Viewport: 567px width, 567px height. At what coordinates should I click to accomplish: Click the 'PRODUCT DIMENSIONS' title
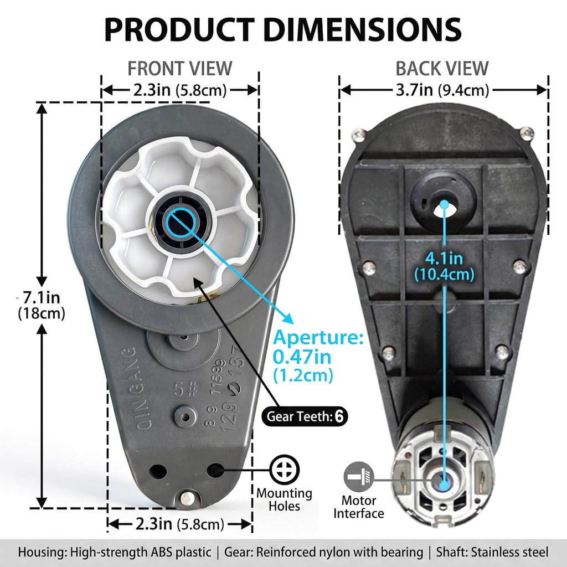click(283, 29)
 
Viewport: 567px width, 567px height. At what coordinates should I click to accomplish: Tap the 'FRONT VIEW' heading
click(180, 68)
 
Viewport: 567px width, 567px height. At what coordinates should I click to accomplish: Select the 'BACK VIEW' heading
click(442, 68)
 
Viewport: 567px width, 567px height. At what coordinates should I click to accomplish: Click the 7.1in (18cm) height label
click(42, 305)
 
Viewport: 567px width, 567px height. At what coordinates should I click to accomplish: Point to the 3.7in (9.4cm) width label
click(442, 90)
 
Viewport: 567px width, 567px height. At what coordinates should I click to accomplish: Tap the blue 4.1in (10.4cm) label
click(444, 266)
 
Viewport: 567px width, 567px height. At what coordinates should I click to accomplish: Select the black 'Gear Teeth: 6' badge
click(305, 416)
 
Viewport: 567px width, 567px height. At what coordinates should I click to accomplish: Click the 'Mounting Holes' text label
click(284, 499)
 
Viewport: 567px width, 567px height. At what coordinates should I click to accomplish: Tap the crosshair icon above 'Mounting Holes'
click(285, 470)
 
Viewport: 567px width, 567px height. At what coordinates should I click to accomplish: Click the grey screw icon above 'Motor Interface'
click(359, 477)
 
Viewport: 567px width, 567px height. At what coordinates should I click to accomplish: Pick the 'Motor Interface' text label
click(359, 507)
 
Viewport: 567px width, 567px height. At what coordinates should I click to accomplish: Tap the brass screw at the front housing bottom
click(187, 498)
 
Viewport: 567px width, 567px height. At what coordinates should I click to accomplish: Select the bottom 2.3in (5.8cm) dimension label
click(180, 524)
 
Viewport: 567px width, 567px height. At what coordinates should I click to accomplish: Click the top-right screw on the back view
click(527, 134)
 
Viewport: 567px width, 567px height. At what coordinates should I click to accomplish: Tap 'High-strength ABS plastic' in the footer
click(141, 552)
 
